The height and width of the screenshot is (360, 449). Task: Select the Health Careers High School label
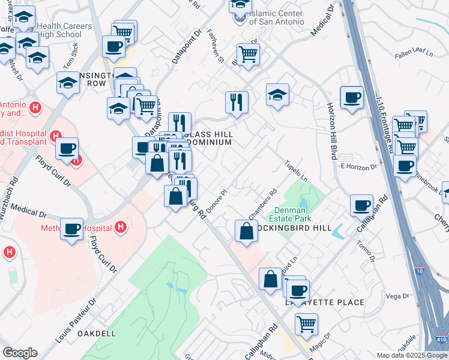click(x=64, y=30)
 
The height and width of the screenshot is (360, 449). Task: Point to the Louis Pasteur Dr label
click(x=76, y=321)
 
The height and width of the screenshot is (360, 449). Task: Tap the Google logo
click(x=20, y=352)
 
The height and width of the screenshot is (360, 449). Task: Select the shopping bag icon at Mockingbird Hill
click(x=246, y=230)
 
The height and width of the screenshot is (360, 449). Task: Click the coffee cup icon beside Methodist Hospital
click(x=72, y=229)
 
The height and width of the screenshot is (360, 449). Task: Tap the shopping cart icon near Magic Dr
click(x=306, y=325)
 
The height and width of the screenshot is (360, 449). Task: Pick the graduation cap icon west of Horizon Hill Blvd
click(x=277, y=94)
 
